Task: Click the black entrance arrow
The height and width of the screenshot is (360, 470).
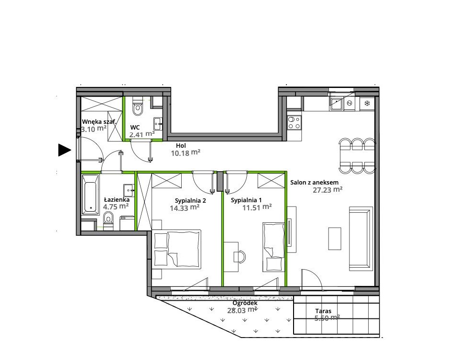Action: (x=64, y=150)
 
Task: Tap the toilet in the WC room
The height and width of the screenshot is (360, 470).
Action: (x=138, y=107)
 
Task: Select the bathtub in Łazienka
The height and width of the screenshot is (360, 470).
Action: (x=90, y=195)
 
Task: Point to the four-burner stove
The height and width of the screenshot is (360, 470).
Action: (x=294, y=122)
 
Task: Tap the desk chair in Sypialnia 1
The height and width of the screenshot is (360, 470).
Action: (x=240, y=256)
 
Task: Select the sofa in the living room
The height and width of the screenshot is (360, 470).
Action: (x=361, y=239)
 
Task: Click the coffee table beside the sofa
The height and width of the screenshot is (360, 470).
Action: (x=335, y=239)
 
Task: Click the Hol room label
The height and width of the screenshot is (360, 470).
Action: (x=181, y=146)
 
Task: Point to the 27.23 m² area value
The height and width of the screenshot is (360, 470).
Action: (x=328, y=190)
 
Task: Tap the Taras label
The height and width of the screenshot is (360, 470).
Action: (x=323, y=311)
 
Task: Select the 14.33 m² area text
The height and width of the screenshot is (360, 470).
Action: (x=185, y=207)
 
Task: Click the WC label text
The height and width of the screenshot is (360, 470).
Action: (x=135, y=127)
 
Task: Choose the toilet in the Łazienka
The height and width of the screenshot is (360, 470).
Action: (x=108, y=220)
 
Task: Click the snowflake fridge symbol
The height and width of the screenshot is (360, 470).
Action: (x=367, y=103)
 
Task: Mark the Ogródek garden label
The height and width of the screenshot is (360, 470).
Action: (x=245, y=303)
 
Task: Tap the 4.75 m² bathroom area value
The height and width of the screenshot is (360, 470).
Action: (x=116, y=207)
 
